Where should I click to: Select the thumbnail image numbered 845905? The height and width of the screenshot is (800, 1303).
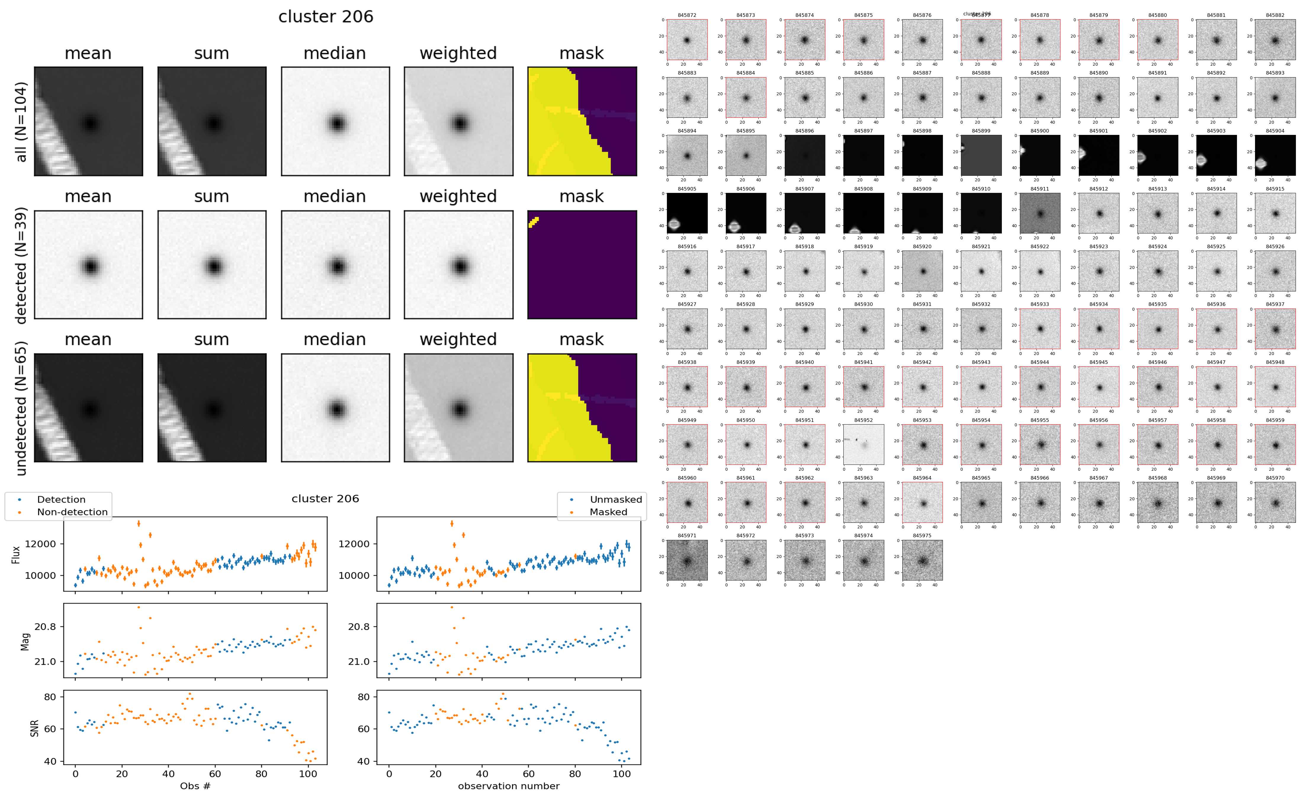tap(687, 213)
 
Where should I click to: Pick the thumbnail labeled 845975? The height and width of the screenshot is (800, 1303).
tap(922, 560)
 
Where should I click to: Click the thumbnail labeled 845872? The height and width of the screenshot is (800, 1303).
tap(687, 40)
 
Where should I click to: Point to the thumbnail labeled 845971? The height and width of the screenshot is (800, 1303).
tap(687, 560)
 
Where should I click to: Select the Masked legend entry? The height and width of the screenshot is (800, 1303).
tap(608, 512)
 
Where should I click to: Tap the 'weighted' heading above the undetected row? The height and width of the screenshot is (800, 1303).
tap(458, 339)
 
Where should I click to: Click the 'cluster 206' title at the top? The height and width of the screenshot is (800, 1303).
tap(326, 17)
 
